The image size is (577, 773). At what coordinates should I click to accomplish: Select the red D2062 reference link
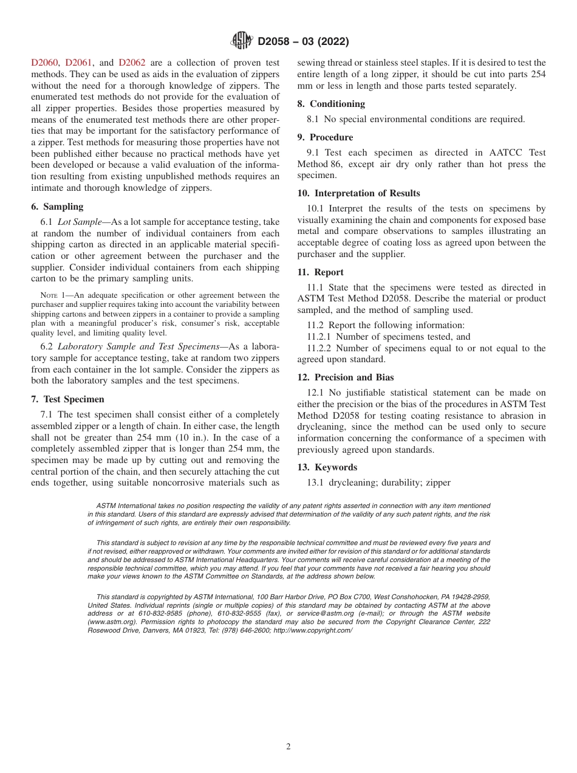pos(132,63)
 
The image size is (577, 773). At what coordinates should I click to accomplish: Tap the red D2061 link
pos(78,63)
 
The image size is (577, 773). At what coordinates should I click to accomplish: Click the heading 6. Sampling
pos(57,207)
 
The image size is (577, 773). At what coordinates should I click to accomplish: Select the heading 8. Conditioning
pos(331,104)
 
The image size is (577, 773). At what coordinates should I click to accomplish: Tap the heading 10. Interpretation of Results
pos(358,193)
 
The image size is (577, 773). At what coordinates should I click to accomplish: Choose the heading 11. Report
pos(320,272)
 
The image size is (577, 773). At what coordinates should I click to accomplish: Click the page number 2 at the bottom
pos(288,747)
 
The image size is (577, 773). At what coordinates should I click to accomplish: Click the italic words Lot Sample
pos(79,222)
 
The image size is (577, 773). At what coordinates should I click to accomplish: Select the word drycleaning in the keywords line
pos(352,483)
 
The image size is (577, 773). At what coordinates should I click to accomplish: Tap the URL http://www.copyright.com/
pos(313,630)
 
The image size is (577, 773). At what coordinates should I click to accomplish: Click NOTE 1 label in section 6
pos(52,295)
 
